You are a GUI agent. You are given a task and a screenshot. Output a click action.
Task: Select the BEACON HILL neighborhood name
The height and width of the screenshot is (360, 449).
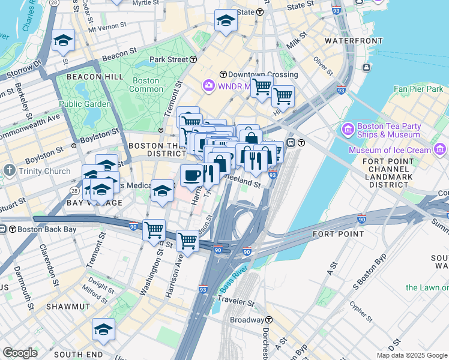click(x=95, y=77)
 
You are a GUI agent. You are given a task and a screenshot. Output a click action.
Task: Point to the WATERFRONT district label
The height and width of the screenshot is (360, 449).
click(x=353, y=41)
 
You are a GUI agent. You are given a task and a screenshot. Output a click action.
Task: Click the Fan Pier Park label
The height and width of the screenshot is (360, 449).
click(x=418, y=89)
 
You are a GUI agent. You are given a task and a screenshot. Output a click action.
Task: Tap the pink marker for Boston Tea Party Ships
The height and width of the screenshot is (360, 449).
click(x=348, y=130)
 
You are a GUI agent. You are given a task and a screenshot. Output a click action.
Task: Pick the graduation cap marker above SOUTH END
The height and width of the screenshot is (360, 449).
click(x=103, y=329)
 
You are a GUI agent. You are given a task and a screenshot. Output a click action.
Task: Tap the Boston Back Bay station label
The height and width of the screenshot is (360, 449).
click(x=26, y=229)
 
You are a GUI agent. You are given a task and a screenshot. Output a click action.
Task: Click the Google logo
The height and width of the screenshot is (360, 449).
click(x=20, y=353)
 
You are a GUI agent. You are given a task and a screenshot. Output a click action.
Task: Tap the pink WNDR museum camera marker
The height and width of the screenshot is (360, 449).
click(x=209, y=85)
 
